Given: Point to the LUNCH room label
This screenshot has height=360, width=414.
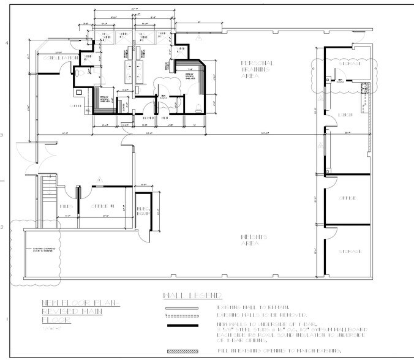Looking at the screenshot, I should [x=343, y=116].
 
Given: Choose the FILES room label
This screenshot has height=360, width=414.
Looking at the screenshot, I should [x=67, y=206].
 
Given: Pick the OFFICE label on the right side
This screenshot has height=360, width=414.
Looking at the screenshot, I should [x=347, y=198].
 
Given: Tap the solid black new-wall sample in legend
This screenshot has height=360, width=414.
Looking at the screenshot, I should [x=183, y=326].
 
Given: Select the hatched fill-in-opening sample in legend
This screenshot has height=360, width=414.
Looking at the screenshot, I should [x=183, y=351].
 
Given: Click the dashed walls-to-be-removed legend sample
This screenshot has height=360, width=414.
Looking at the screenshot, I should [x=183, y=316].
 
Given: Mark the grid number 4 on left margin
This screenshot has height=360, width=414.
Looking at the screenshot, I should [x=6, y=43].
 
